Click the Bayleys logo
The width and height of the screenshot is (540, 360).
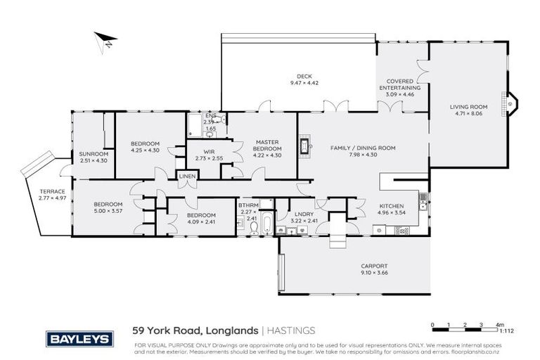pos(79,339)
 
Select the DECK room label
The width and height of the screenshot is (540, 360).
pos(304,77)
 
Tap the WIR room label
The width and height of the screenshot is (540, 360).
pos(208,151)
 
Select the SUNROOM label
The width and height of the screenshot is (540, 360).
pos(93,154)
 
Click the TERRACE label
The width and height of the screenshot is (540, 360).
pos(52,191)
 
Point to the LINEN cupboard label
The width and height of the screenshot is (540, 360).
pos(186,176)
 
